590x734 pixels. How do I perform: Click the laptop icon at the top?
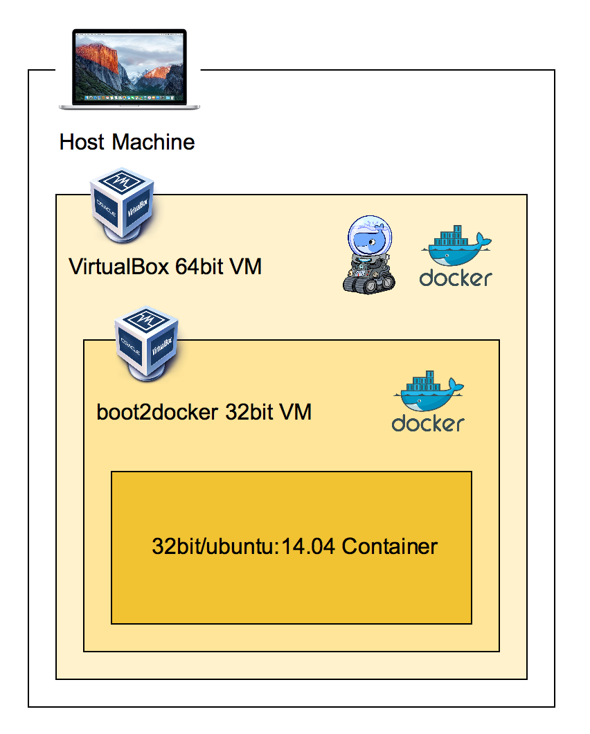pyautogui.click(x=129, y=69)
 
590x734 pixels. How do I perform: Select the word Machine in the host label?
pyautogui.click(x=154, y=143)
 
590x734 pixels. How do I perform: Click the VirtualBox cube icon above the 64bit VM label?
pyautogui.click(x=121, y=204)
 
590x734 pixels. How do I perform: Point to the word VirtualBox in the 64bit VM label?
pyautogui.click(x=118, y=267)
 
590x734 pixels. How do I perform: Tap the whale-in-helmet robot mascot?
pyautogui.click(x=369, y=253)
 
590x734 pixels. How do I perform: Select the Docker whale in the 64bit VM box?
pyautogui.click(x=454, y=246)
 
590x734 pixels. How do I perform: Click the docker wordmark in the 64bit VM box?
pyautogui.click(x=456, y=278)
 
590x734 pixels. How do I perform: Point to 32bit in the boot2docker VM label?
pyautogui.click(x=250, y=413)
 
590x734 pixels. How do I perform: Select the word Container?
pyautogui.click(x=390, y=546)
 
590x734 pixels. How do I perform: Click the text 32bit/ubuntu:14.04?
pyautogui.click(x=244, y=546)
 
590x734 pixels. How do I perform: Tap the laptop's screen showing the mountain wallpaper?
pyautogui.click(x=129, y=66)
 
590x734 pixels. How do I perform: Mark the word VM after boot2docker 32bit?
pyautogui.click(x=296, y=413)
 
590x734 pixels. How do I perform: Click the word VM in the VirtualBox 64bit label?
pyautogui.click(x=245, y=267)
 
